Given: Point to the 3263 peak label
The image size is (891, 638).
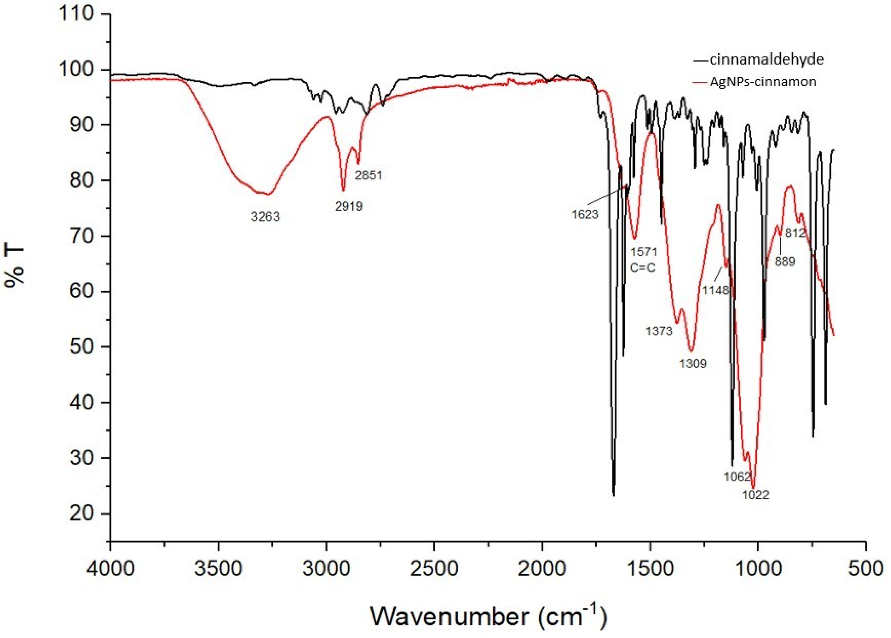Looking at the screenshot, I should (x=265, y=217).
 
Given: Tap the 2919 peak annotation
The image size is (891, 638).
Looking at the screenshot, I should (x=349, y=206).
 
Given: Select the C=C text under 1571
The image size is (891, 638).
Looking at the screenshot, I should (x=643, y=268).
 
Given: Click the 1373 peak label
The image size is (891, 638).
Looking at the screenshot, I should (x=659, y=331).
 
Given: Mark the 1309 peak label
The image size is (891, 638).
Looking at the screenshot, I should (x=693, y=364).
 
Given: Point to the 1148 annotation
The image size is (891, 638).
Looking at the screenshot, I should (x=715, y=290).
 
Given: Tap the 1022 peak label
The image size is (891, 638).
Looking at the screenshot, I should (x=755, y=495).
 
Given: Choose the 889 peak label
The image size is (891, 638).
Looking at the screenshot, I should (x=785, y=261).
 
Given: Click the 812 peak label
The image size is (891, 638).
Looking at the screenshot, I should (x=795, y=233).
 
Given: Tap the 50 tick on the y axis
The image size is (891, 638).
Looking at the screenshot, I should (x=82, y=347).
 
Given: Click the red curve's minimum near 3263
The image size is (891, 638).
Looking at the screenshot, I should (x=268, y=193).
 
